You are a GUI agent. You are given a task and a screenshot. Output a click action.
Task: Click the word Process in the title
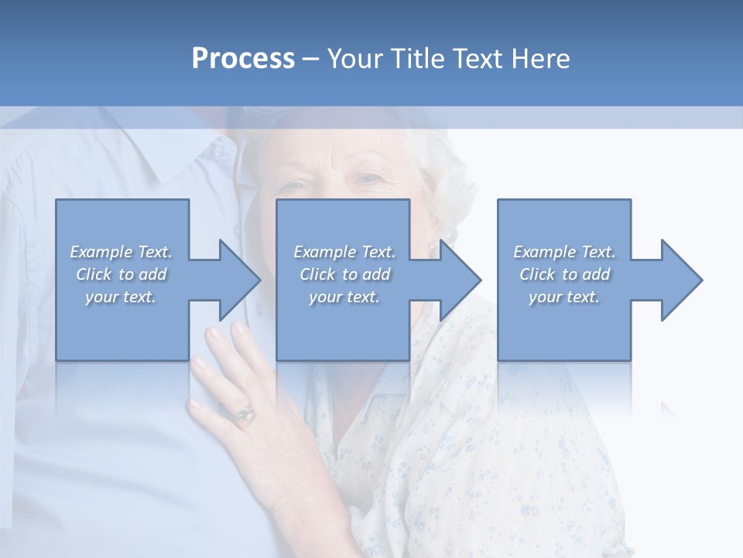click(x=243, y=59)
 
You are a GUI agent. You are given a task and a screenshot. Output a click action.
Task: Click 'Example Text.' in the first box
click(x=122, y=252)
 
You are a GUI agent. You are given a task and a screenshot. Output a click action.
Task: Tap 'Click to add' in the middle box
click(x=344, y=274)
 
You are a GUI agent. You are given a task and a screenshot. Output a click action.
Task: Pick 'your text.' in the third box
click(x=564, y=297)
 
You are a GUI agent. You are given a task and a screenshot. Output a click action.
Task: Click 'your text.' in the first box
click(x=122, y=297)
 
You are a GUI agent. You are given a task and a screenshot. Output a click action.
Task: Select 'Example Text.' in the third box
click(x=564, y=252)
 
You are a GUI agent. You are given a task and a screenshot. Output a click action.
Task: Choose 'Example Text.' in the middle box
click(x=344, y=252)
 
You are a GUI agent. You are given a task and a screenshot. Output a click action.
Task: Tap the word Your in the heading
click(x=355, y=59)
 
